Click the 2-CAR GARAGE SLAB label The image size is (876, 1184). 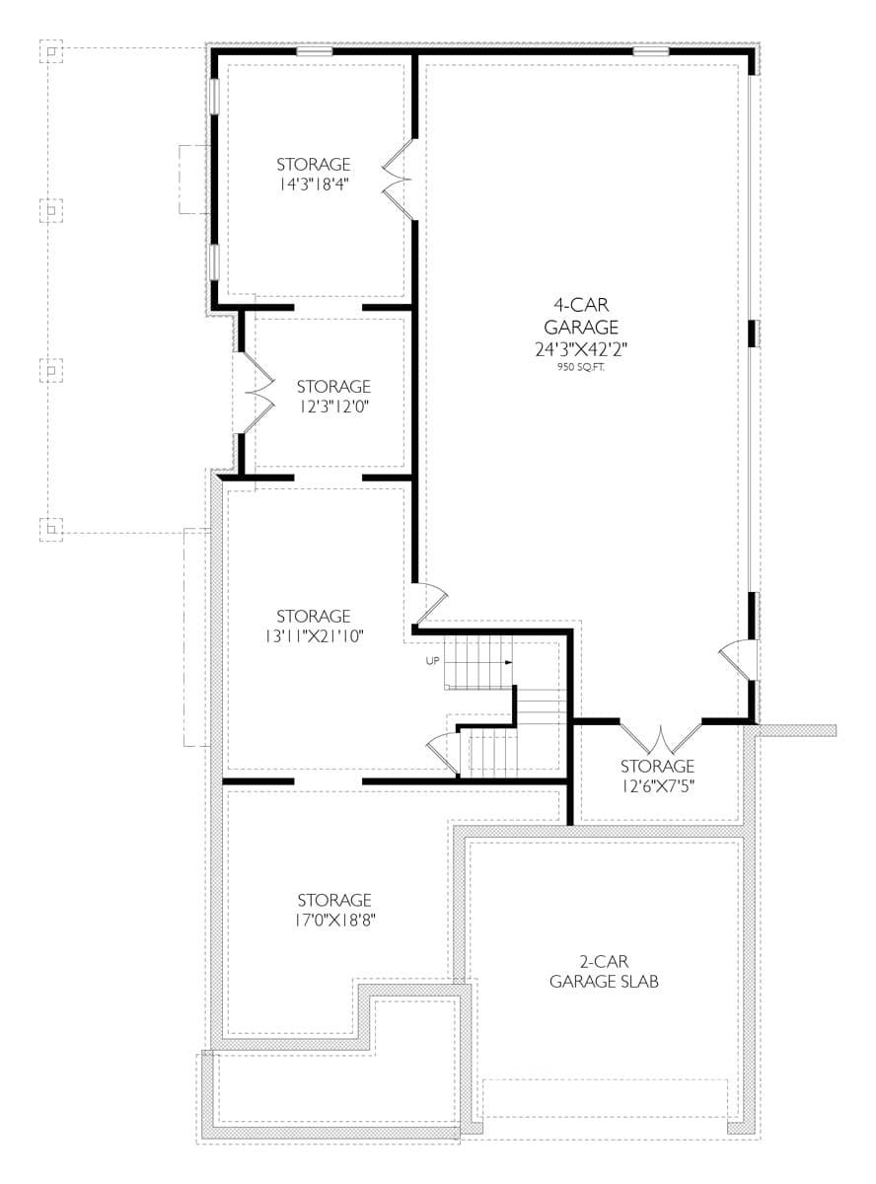pyautogui.click(x=604, y=972)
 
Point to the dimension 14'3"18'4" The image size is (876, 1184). pyautogui.click(x=313, y=183)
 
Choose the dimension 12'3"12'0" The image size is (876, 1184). pyautogui.click(x=333, y=406)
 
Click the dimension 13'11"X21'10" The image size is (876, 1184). pyautogui.click(x=313, y=636)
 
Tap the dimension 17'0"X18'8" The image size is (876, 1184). pyautogui.click(x=334, y=920)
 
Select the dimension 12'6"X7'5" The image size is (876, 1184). pyautogui.click(x=657, y=785)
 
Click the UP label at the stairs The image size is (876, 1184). pyautogui.click(x=432, y=661)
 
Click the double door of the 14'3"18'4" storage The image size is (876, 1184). pyautogui.click(x=399, y=180)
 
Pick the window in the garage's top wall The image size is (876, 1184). pyautogui.click(x=651, y=50)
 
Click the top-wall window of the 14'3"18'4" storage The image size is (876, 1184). pyautogui.click(x=315, y=50)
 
